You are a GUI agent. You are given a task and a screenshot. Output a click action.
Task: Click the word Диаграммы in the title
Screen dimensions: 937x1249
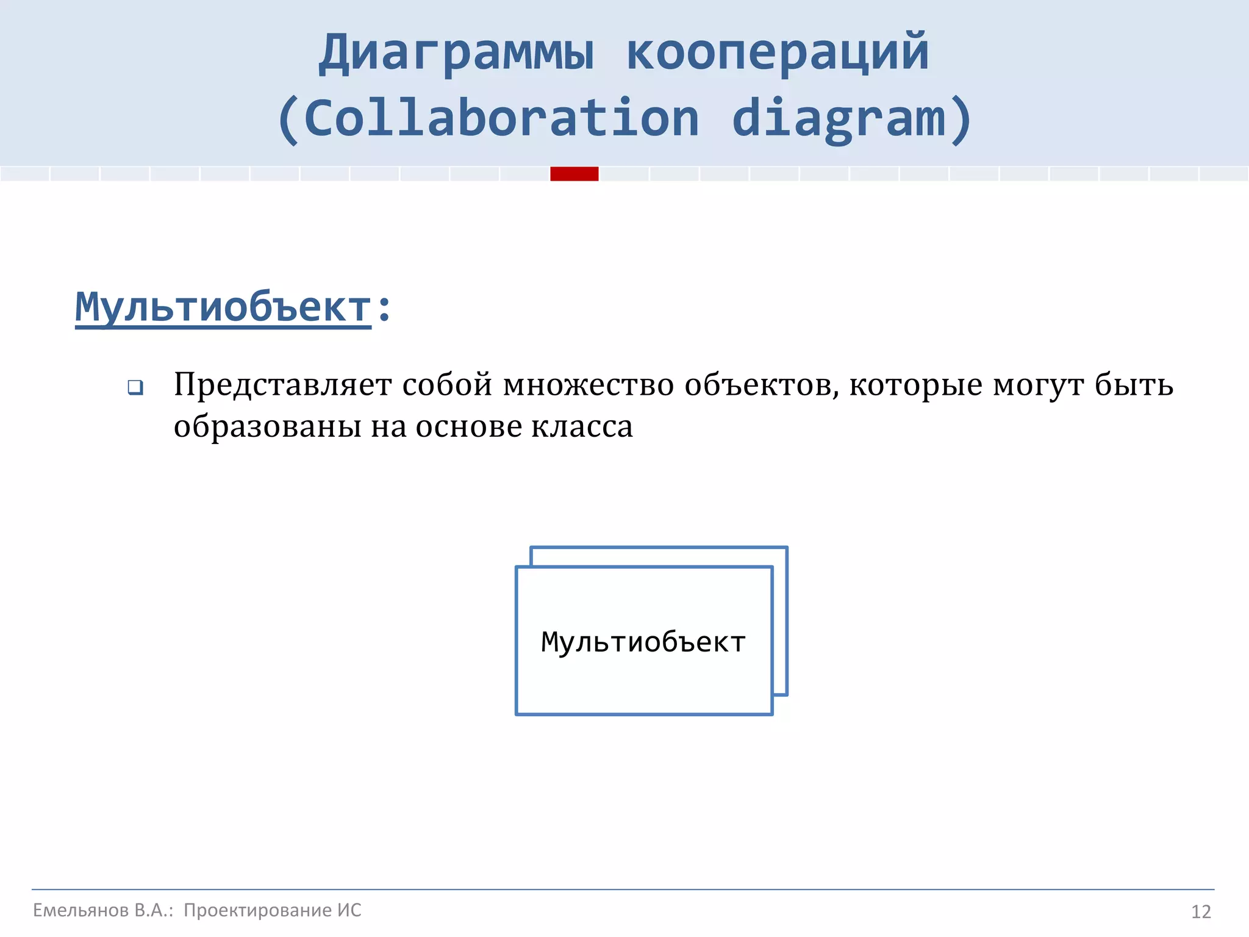click(456, 54)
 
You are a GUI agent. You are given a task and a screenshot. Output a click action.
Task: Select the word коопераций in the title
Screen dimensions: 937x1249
click(778, 54)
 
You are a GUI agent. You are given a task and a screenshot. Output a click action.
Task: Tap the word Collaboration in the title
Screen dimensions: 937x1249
click(501, 118)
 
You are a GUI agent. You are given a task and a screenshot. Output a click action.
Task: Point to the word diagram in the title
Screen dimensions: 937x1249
click(839, 118)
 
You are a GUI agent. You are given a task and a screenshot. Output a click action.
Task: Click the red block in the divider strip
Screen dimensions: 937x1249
click(574, 174)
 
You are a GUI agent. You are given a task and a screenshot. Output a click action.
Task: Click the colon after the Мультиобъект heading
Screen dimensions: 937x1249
click(384, 308)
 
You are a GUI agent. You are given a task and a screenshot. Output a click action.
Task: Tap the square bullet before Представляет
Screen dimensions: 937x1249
click(135, 387)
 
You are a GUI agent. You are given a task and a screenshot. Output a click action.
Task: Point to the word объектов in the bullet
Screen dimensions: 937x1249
click(761, 386)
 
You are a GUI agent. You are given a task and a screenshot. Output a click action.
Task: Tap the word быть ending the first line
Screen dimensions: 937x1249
click(1134, 386)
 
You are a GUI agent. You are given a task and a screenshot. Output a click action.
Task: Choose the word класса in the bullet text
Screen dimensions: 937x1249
click(582, 426)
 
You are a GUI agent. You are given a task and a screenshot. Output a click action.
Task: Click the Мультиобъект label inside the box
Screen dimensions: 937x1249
click(643, 642)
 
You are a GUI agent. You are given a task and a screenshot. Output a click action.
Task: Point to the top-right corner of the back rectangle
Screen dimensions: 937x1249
click(787, 548)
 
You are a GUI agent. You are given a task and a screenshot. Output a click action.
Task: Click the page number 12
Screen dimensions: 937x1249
click(1201, 912)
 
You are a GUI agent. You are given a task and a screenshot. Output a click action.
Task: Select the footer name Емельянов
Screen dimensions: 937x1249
click(81, 910)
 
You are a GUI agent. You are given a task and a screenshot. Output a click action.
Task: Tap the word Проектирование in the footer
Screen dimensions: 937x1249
click(257, 910)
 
